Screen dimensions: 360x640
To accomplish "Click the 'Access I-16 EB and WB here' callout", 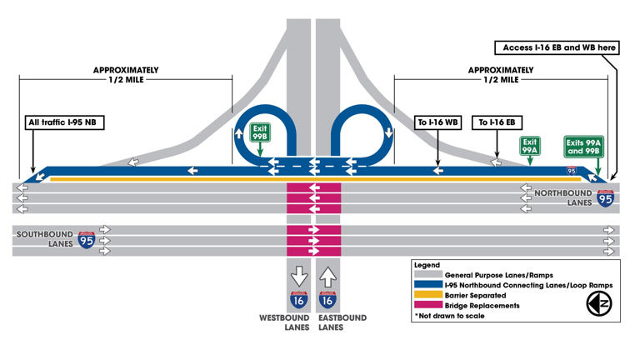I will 556,48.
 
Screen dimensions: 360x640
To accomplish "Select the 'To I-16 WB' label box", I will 438,122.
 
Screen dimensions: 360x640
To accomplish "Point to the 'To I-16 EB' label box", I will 494,122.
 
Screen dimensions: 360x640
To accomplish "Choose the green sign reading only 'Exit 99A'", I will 529,146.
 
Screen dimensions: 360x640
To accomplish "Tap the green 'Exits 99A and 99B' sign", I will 582,147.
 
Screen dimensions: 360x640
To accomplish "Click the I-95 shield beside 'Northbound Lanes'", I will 606,198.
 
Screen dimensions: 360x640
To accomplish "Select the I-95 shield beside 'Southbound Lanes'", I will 87,240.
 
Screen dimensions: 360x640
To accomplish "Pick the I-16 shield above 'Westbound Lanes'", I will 298,300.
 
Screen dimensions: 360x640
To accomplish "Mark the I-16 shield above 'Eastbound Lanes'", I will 328,300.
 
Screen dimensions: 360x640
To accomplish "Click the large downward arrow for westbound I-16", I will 298,276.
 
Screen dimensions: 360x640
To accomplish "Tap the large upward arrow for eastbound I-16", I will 328,276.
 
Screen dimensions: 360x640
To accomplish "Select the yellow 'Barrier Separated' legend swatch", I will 427,295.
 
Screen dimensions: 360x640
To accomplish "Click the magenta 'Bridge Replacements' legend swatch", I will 427,306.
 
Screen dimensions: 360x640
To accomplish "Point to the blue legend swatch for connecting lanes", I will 427,285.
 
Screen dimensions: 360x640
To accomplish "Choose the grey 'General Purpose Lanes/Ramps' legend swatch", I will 427,275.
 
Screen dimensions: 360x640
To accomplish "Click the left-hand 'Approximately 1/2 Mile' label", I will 126,75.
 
